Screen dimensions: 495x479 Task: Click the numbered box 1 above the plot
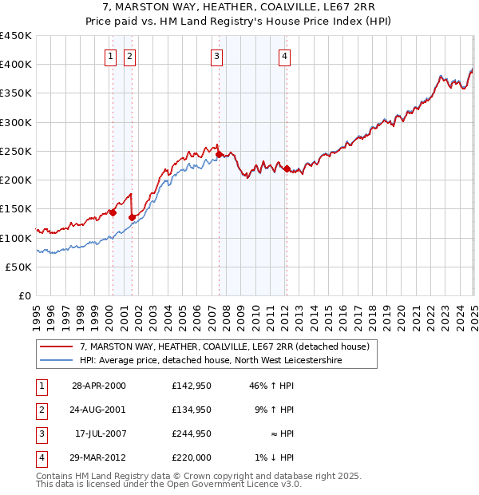pos(109,56)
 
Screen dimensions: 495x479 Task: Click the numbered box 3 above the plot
pos(217,56)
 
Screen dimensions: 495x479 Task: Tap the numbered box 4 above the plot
pos(285,56)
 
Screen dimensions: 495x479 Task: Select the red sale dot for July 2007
pos(219,154)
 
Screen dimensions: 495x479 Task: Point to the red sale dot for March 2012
pos(287,168)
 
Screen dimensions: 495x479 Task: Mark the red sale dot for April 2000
pos(113,213)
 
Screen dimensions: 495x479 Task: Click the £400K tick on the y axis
pos(16,65)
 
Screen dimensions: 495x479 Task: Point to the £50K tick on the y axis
pos(19,267)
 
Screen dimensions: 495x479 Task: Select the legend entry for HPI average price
pos(211,361)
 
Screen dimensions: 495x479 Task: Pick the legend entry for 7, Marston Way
pos(224,347)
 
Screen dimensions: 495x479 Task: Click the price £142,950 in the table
pos(192,386)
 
